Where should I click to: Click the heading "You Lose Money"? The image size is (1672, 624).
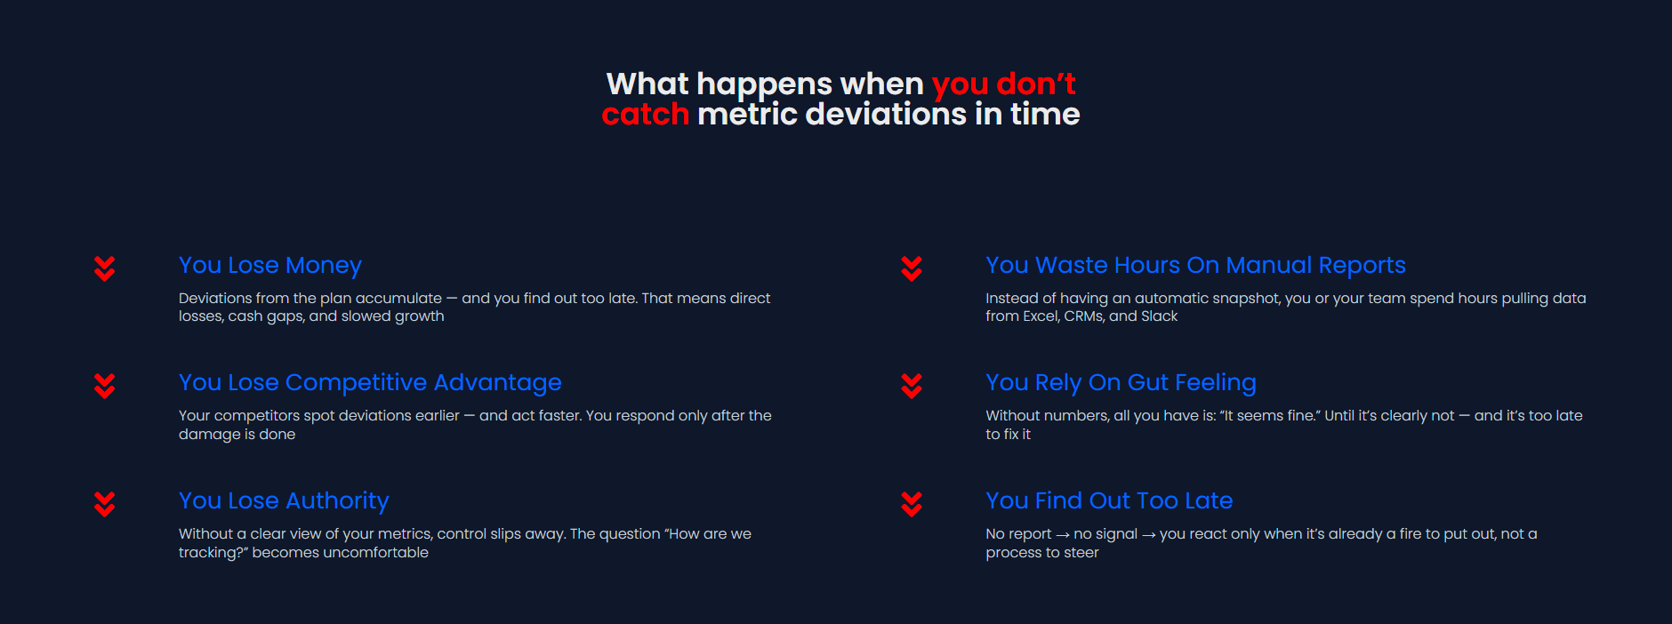point(270,266)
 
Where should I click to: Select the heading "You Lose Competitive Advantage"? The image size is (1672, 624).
point(370,383)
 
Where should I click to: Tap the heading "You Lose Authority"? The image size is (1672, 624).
point(284,501)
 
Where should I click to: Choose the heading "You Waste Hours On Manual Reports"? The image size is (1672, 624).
point(1195,266)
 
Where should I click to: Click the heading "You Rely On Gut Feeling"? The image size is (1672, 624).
point(1121,383)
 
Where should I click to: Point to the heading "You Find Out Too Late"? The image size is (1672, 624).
point(1109,500)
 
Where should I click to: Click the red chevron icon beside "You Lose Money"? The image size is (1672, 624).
point(105,268)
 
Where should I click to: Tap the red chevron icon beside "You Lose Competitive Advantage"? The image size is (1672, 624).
point(105,386)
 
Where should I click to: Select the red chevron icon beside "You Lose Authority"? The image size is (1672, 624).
point(105,504)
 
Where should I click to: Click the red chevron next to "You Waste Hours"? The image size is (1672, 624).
point(912,268)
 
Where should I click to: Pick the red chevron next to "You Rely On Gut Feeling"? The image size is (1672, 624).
point(912,386)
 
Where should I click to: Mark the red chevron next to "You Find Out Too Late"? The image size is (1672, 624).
point(912,504)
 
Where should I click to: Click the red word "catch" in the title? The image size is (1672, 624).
point(646,115)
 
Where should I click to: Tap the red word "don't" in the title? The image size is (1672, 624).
point(1036,84)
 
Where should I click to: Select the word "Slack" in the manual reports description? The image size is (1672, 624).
point(1159,316)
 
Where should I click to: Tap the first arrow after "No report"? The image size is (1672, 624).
point(1063,535)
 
